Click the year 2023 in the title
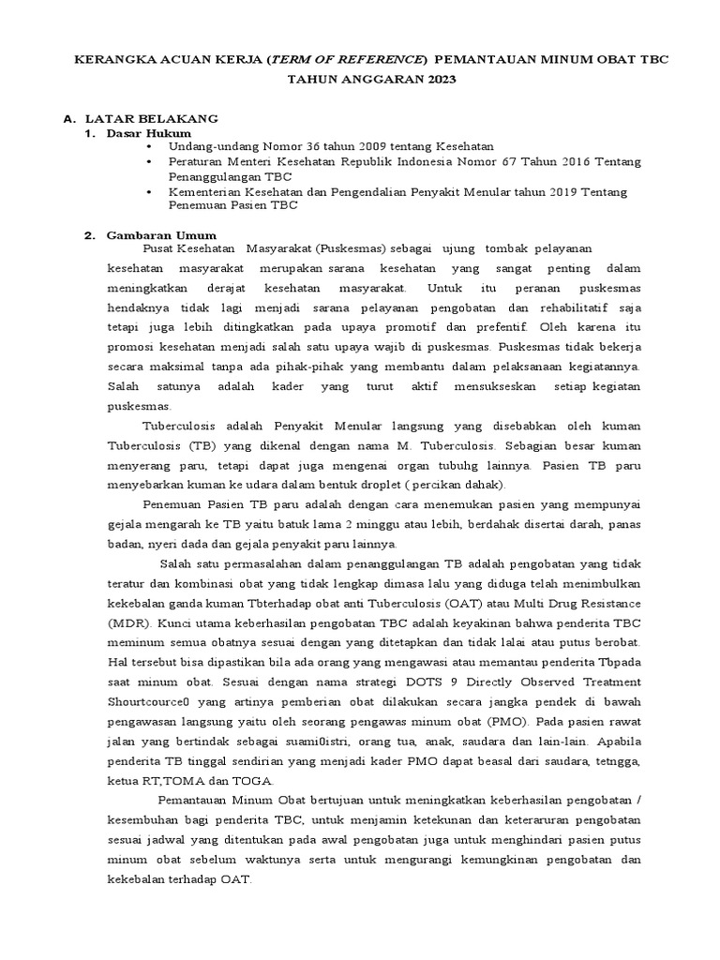click(437, 81)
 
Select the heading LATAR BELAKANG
click(152, 119)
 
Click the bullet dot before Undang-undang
click(148, 147)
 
